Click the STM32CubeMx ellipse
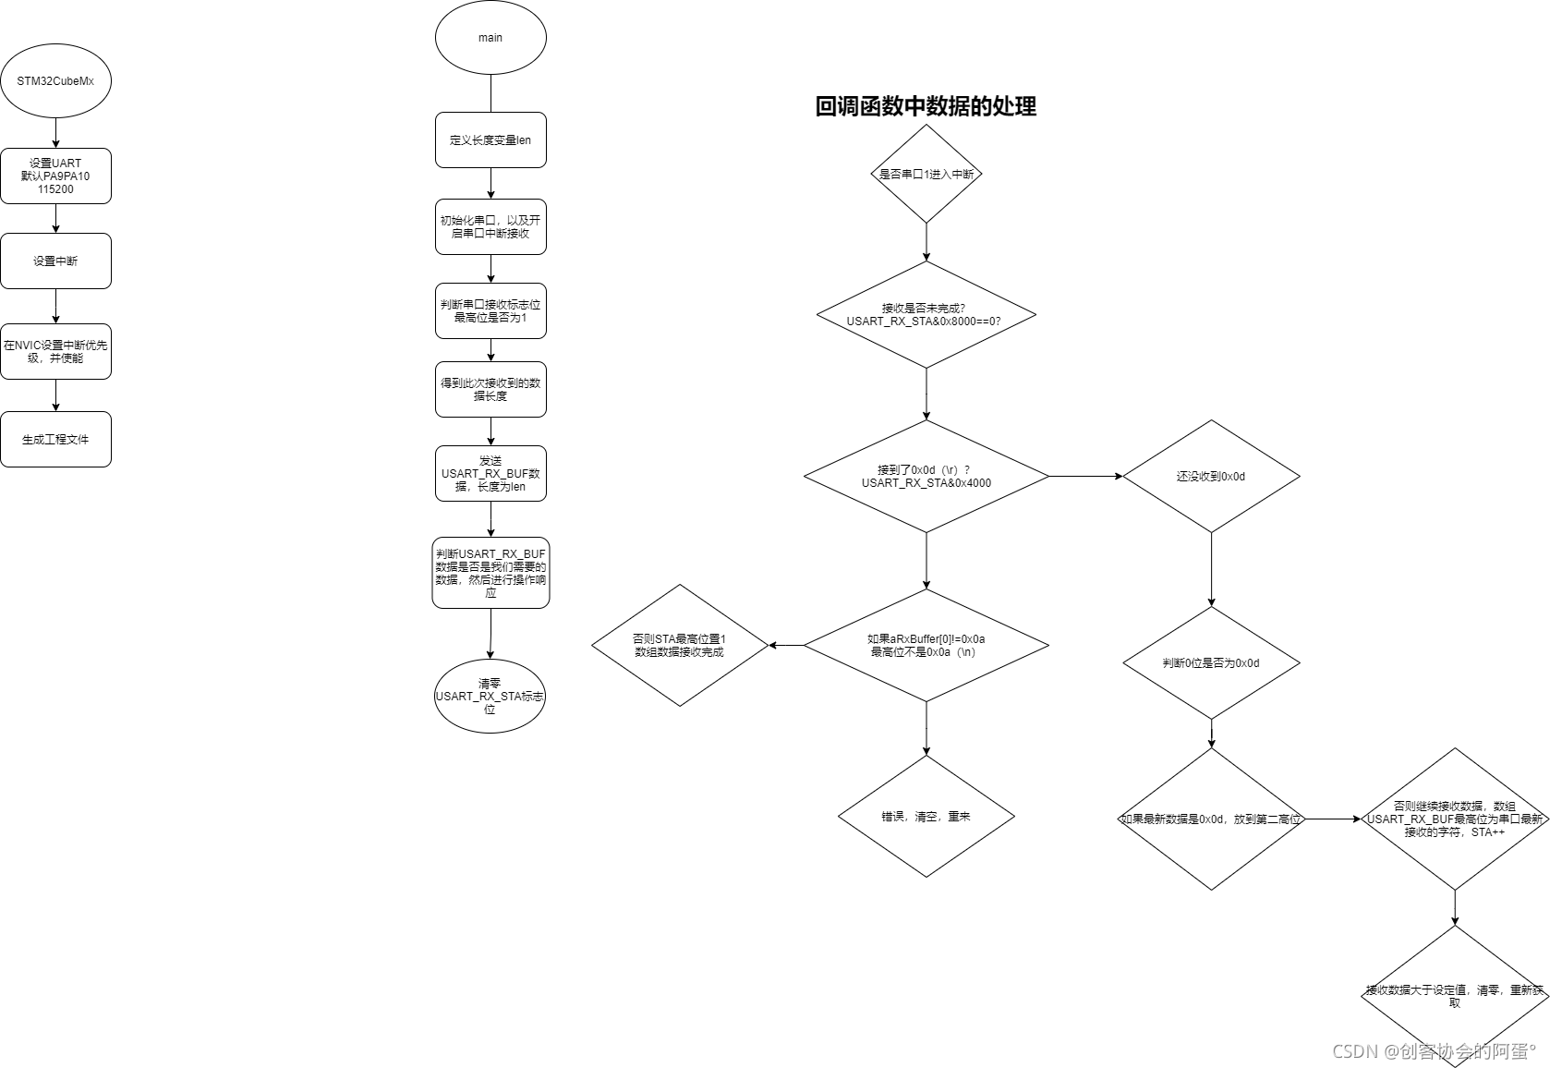[55, 81]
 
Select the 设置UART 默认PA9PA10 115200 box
[55, 176]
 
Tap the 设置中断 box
[55, 261]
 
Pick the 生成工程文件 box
[55, 439]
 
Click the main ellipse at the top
[490, 38]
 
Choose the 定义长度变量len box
[490, 140]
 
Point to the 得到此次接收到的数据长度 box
[490, 389]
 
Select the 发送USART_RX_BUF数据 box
[490, 473]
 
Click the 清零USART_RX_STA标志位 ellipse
[490, 696]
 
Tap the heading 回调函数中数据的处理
[926, 106]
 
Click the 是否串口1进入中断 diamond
[926, 174]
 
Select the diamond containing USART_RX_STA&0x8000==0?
[926, 314]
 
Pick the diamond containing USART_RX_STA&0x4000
[926, 477]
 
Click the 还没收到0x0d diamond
[1211, 477]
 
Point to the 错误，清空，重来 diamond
[926, 817]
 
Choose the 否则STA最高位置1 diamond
[680, 645]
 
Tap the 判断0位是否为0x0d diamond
[1211, 662]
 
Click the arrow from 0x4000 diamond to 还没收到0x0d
[1085, 477]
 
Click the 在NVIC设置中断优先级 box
[55, 351]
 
